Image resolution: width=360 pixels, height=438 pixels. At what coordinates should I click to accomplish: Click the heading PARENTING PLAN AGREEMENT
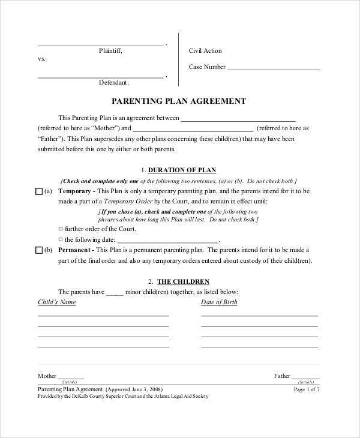[x=179, y=101]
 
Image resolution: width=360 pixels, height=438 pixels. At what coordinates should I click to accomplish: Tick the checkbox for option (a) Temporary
[x=39, y=191]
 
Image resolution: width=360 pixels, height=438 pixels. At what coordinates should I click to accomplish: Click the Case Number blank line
[x=273, y=67]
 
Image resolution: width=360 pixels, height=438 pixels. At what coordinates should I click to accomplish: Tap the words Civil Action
[x=205, y=52]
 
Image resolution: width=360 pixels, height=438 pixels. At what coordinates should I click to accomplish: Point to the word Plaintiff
[x=110, y=52]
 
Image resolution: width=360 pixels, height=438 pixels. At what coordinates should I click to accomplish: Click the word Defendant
[x=113, y=82]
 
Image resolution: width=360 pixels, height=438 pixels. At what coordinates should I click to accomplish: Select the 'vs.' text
[x=41, y=59]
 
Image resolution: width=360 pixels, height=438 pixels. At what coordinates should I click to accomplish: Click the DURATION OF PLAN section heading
[x=182, y=170]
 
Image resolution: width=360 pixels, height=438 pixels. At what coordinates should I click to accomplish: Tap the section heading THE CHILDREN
[x=183, y=281]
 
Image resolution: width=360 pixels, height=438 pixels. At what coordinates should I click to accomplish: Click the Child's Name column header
[x=56, y=302]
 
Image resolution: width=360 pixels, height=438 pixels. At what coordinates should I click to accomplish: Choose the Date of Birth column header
[x=219, y=302]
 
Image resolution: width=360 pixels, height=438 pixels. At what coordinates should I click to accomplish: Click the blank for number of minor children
[x=115, y=292]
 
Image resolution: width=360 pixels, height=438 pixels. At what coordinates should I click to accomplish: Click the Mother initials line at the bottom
[x=71, y=377]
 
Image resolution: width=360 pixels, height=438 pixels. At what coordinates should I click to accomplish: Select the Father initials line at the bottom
[x=305, y=377]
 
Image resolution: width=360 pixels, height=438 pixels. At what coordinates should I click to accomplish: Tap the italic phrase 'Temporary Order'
[x=126, y=202]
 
